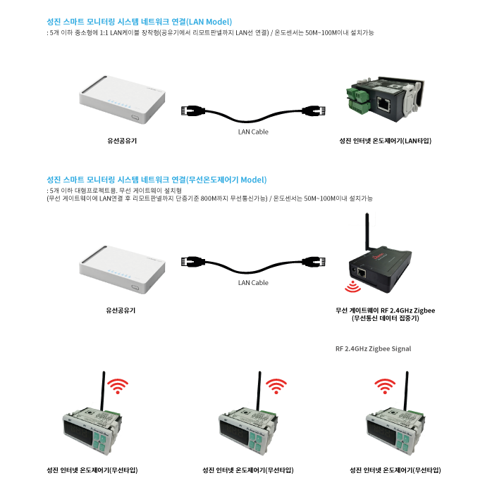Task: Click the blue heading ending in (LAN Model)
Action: point(139,22)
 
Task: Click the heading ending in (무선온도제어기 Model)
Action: point(156,179)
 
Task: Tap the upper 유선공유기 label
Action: point(122,141)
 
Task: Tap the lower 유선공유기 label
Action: point(121,310)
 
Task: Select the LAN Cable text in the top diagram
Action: point(253,132)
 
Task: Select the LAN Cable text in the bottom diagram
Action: point(253,283)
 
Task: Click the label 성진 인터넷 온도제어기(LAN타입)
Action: point(385,141)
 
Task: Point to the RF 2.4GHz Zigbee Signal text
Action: point(374,348)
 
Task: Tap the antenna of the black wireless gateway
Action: point(367,232)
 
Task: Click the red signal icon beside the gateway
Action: point(353,286)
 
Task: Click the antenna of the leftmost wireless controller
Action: point(103,391)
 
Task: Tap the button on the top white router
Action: point(136,118)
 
